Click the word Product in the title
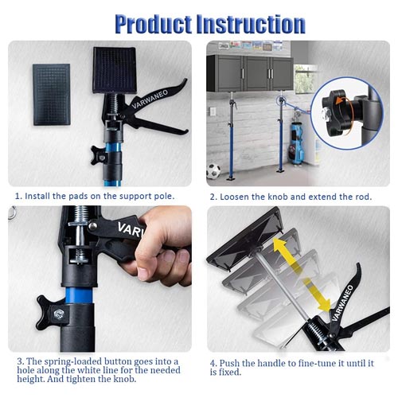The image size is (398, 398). (154, 25)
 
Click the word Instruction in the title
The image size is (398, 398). (251, 24)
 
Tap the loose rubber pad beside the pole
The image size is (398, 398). (52, 95)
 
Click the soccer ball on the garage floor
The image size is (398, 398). (213, 171)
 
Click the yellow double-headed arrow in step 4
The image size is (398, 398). (302, 275)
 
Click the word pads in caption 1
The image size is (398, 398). (78, 196)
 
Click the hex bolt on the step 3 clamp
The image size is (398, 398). (59, 314)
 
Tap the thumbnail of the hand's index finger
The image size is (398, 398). (142, 273)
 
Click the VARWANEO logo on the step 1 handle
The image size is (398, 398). (150, 99)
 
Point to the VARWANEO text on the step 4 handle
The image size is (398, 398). (342, 303)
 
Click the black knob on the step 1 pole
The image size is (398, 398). (98, 155)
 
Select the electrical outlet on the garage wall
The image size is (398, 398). (213, 111)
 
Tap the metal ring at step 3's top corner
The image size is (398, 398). (12, 213)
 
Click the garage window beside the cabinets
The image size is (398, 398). (305, 80)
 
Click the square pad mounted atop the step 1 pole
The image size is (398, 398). (115, 70)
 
